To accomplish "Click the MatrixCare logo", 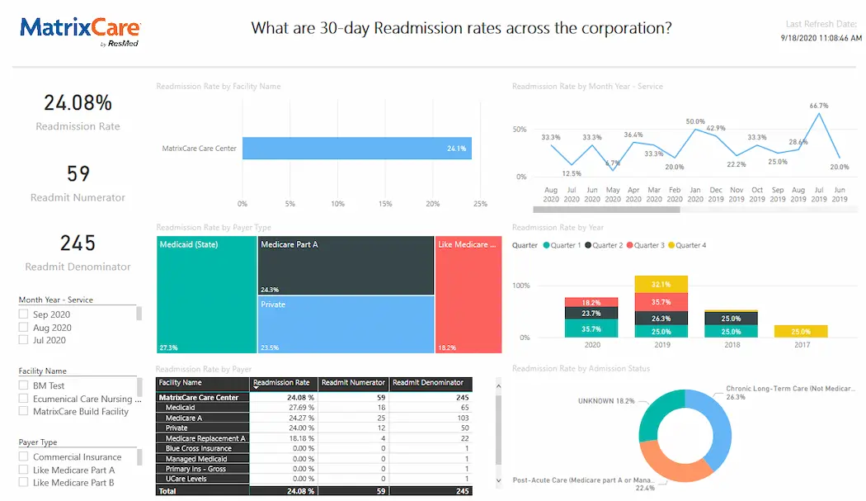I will point(79,31).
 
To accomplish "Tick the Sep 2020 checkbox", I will point(24,314).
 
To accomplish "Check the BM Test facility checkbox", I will point(24,385).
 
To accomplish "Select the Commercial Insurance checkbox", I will point(24,456).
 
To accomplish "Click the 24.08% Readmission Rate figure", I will point(78,103).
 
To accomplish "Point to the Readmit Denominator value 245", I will point(78,243).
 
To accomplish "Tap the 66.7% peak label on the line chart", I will point(818,106).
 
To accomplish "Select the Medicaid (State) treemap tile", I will point(206,295).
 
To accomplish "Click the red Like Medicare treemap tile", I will point(468,295).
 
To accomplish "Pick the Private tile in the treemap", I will point(346,324).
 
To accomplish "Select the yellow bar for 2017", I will point(800,331).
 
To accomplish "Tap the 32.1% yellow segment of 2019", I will point(661,285).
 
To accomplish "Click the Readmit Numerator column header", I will point(353,383).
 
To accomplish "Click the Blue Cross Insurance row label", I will point(198,448).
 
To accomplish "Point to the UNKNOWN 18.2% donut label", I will point(607,400).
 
